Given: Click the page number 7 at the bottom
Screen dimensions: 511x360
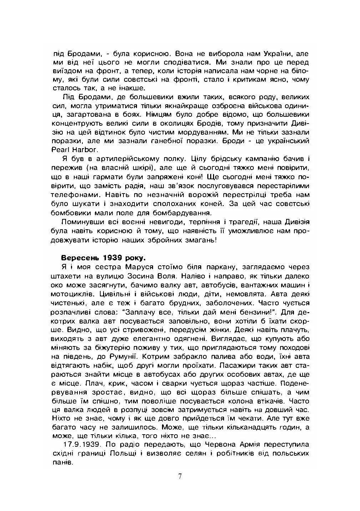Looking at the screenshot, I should click(180, 476).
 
